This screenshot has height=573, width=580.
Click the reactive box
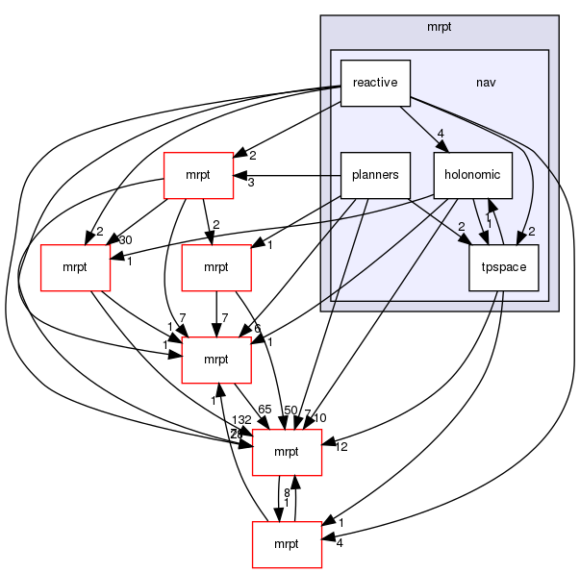point(375,83)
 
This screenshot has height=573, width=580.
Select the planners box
point(375,175)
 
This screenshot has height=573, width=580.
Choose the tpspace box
point(503,267)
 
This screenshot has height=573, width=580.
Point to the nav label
point(487,83)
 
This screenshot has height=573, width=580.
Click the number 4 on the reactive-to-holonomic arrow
point(439,133)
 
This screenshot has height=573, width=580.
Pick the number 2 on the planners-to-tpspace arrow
point(461,226)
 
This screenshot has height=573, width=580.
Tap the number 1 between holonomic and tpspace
point(489,224)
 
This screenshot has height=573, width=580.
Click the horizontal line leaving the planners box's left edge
point(329,175)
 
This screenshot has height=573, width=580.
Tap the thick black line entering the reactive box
point(329,89)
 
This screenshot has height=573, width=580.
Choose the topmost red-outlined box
point(198,175)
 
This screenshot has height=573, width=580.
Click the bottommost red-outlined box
point(287,544)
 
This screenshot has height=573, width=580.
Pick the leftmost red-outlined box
point(75,267)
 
